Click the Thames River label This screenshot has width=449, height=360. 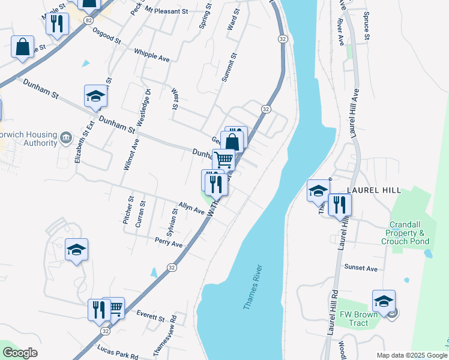(x=253, y=287)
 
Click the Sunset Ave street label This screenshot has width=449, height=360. (x=361, y=268)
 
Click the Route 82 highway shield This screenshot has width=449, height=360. (x=89, y=20)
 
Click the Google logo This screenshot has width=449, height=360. (x=20, y=353)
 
